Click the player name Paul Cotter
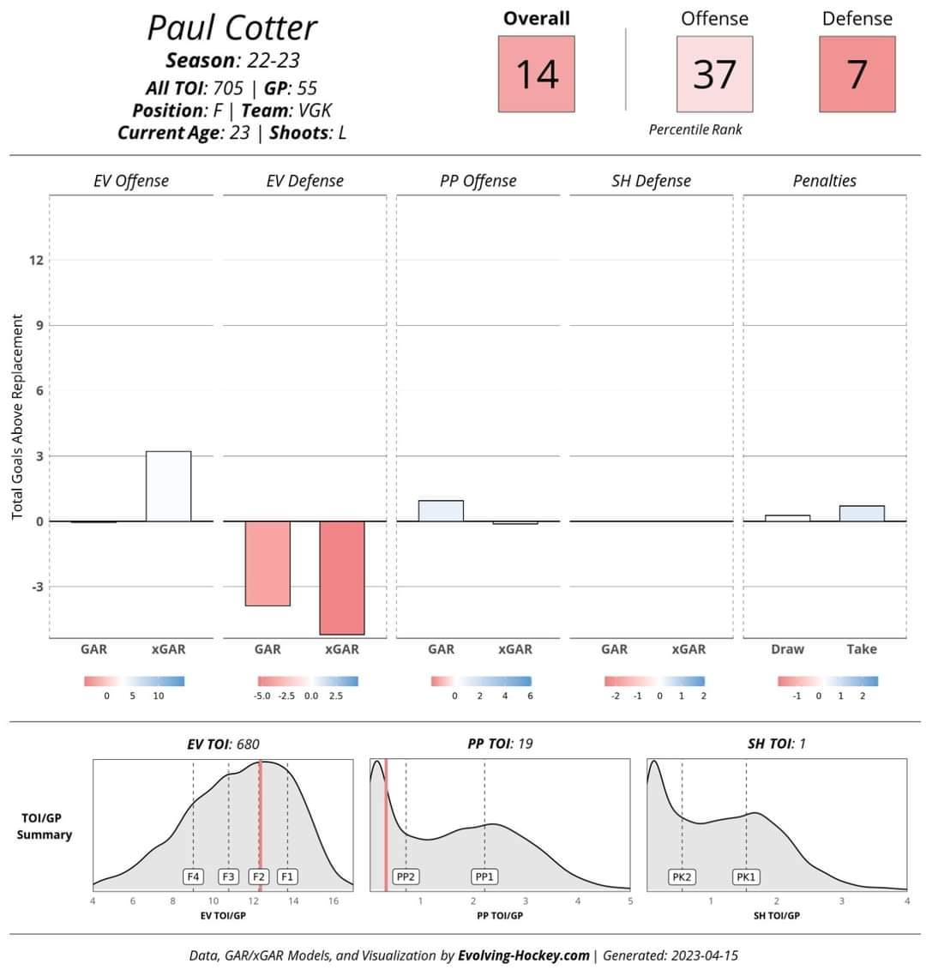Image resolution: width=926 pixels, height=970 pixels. (x=231, y=27)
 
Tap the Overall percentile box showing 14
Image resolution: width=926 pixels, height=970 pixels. (x=537, y=74)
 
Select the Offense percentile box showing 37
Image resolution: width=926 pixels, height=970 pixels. (x=714, y=74)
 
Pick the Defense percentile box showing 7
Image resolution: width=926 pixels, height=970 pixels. (x=857, y=74)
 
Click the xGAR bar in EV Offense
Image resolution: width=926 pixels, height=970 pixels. (x=168, y=486)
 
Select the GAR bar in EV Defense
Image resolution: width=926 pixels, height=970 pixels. (x=268, y=563)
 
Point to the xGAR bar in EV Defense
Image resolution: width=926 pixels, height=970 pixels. (x=342, y=577)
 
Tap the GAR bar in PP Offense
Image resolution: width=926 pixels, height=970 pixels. (x=441, y=511)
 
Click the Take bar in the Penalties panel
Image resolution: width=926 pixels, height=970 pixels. (x=862, y=514)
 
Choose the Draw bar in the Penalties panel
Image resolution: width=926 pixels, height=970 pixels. (x=787, y=518)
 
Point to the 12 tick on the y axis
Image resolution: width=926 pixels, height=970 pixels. (x=37, y=261)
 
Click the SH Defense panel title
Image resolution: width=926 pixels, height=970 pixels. (x=652, y=181)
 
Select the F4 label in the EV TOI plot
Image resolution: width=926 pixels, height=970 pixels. (x=194, y=877)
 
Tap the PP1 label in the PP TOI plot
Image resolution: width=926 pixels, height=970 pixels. (x=484, y=877)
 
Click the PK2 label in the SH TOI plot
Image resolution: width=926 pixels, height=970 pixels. (x=682, y=877)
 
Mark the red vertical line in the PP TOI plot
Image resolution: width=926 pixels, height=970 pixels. (x=386, y=823)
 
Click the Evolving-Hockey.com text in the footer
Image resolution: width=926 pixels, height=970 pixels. (x=524, y=955)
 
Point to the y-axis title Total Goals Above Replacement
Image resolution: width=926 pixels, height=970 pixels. (x=18, y=416)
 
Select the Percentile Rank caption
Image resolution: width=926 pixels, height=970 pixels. (x=695, y=130)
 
